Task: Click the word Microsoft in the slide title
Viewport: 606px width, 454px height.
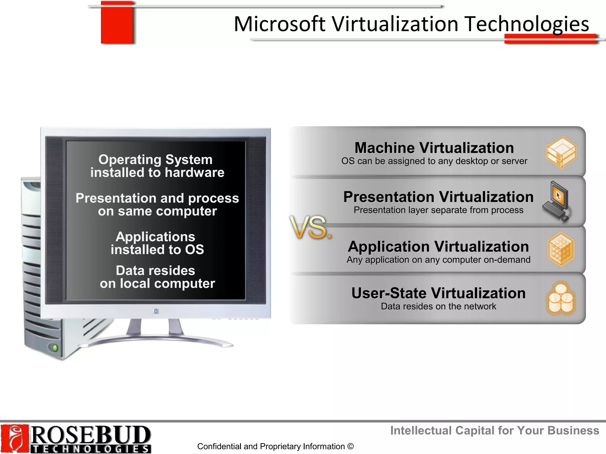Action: click(x=280, y=24)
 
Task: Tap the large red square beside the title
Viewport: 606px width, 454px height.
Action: click(x=117, y=23)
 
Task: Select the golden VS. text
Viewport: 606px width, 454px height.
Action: click(x=310, y=227)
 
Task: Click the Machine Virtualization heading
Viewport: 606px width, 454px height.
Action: click(x=434, y=148)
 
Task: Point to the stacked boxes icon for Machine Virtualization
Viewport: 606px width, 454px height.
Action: click(x=561, y=152)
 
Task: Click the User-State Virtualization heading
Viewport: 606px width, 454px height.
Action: click(x=439, y=293)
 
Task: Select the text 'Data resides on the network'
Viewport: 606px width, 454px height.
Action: click(x=439, y=307)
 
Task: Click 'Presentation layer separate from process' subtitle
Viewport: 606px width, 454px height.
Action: click(x=439, y=210)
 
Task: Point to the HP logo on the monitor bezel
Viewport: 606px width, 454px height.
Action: click(x=156, y=311)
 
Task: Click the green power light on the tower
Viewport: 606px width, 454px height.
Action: click(x=55, y=348)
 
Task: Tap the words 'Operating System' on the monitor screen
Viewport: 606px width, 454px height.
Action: click(x=156, y=160)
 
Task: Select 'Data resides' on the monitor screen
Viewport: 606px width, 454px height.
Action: click(x=156, y=270)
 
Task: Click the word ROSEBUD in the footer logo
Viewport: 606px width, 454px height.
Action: click(x=90, y=435)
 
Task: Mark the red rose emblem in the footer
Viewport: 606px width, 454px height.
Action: click(x=14, y=439)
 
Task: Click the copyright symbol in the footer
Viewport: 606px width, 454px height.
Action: click(x=351, y=446)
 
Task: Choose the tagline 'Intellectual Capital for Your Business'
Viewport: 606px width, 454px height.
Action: click(x=495, y=431)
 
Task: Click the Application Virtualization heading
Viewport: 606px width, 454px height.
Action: click(x=439, y=247)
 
